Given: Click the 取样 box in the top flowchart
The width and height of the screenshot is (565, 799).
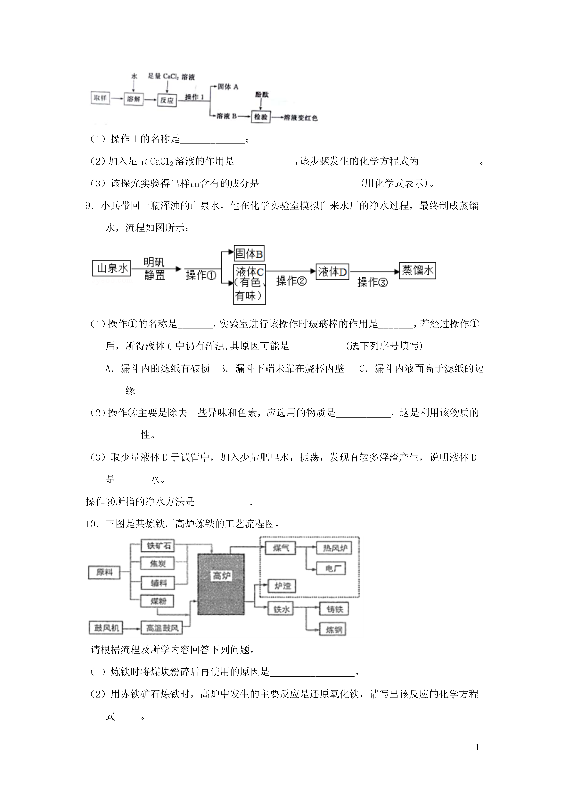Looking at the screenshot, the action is pos(100,98).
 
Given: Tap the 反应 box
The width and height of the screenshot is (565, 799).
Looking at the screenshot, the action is pos(167,100).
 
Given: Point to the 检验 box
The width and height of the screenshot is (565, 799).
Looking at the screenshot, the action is pos(261,117).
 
